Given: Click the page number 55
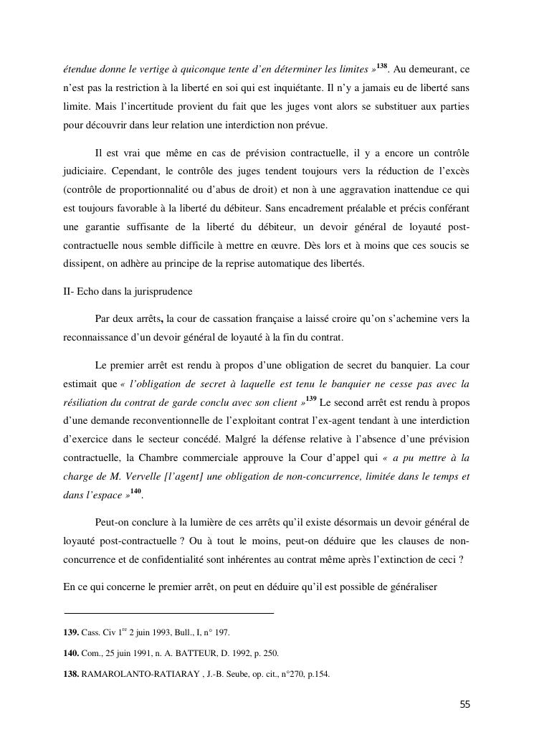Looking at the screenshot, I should click(x=464, y=704).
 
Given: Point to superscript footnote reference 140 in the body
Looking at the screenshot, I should click(x=135, y=491).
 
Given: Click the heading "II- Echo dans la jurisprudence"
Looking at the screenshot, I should click(x=126, y=293).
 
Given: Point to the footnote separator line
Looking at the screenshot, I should click(x=168, y=613).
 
